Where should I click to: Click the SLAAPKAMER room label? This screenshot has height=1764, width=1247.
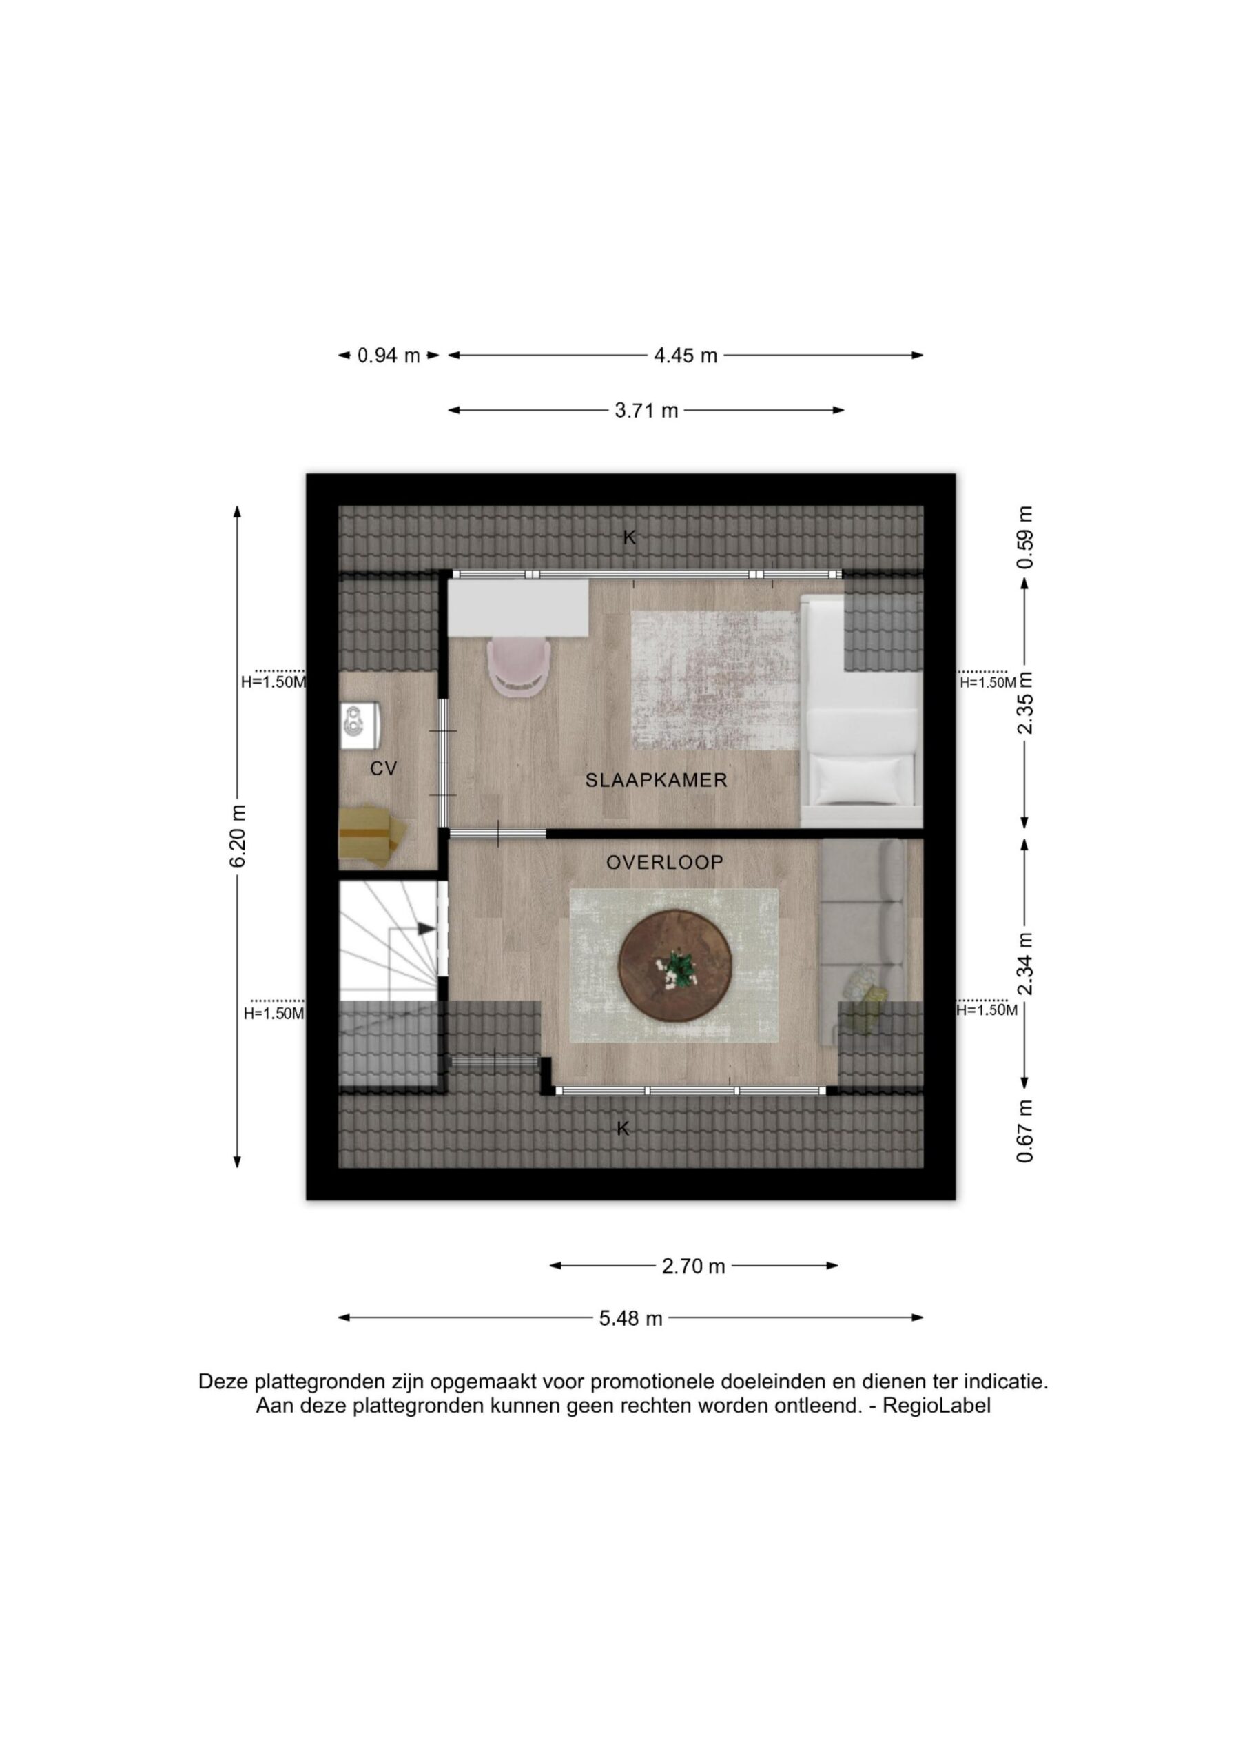tap(656, 780)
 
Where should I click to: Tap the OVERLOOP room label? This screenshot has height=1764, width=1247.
tap(665, 862)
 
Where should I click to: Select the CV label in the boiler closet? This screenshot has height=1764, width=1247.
tap(383, 768)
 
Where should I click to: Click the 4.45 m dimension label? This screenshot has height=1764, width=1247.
tap(686, 355)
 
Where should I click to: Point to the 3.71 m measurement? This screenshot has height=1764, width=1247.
tap(646, 410)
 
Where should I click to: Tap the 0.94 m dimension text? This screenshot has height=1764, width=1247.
tap(389, 355)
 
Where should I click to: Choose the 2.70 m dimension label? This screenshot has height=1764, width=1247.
tap(693, 1266)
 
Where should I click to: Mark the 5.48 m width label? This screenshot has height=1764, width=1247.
tap(631, 1318)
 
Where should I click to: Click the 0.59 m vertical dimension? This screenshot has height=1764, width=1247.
tap(1025, 537)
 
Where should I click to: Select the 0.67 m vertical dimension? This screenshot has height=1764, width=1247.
tap(1025, 1130)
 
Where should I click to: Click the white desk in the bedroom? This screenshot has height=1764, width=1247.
tap(519, 608)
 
